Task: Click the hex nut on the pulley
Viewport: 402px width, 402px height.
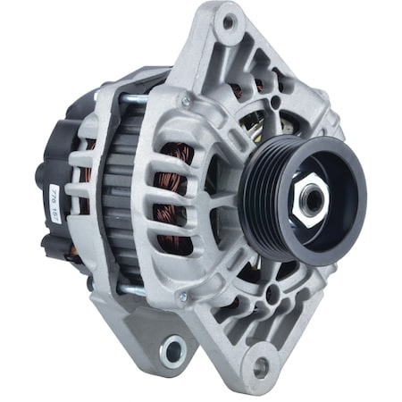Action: (311, 198)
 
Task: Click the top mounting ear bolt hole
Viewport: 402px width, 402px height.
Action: (228, 22)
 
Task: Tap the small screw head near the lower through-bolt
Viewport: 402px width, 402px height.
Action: (182, 296)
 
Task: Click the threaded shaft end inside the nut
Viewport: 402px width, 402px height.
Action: (311, 198)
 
